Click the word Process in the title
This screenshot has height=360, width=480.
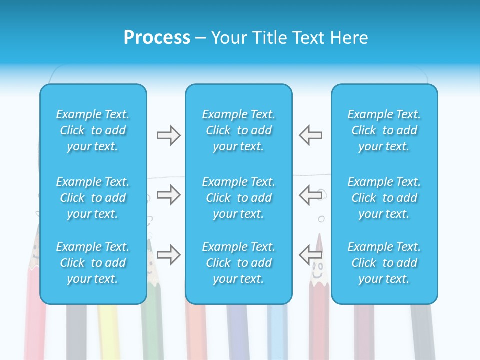(x=157, y=38)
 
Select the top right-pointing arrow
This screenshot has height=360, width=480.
(x=168, y=135)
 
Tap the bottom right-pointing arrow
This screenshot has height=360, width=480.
(x=168, y=255)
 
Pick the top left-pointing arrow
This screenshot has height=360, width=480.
(x=310, y=135)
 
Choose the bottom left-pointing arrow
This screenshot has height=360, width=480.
(x=310, y=255)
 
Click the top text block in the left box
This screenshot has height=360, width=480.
(x=93, y=130)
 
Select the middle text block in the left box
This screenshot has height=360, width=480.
(x=93, y=198)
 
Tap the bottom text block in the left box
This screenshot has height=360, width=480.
(x=93, y=263)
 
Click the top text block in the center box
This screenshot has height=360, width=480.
(x=238, y=130)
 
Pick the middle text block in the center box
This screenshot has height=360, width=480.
(x=238, y=198)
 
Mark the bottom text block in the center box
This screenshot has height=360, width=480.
(x=238, y=263)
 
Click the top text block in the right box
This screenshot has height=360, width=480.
(x=384, y=130)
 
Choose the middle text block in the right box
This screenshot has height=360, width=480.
(x=384, y=198)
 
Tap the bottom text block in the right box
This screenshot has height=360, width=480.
(x=384, y=263)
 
